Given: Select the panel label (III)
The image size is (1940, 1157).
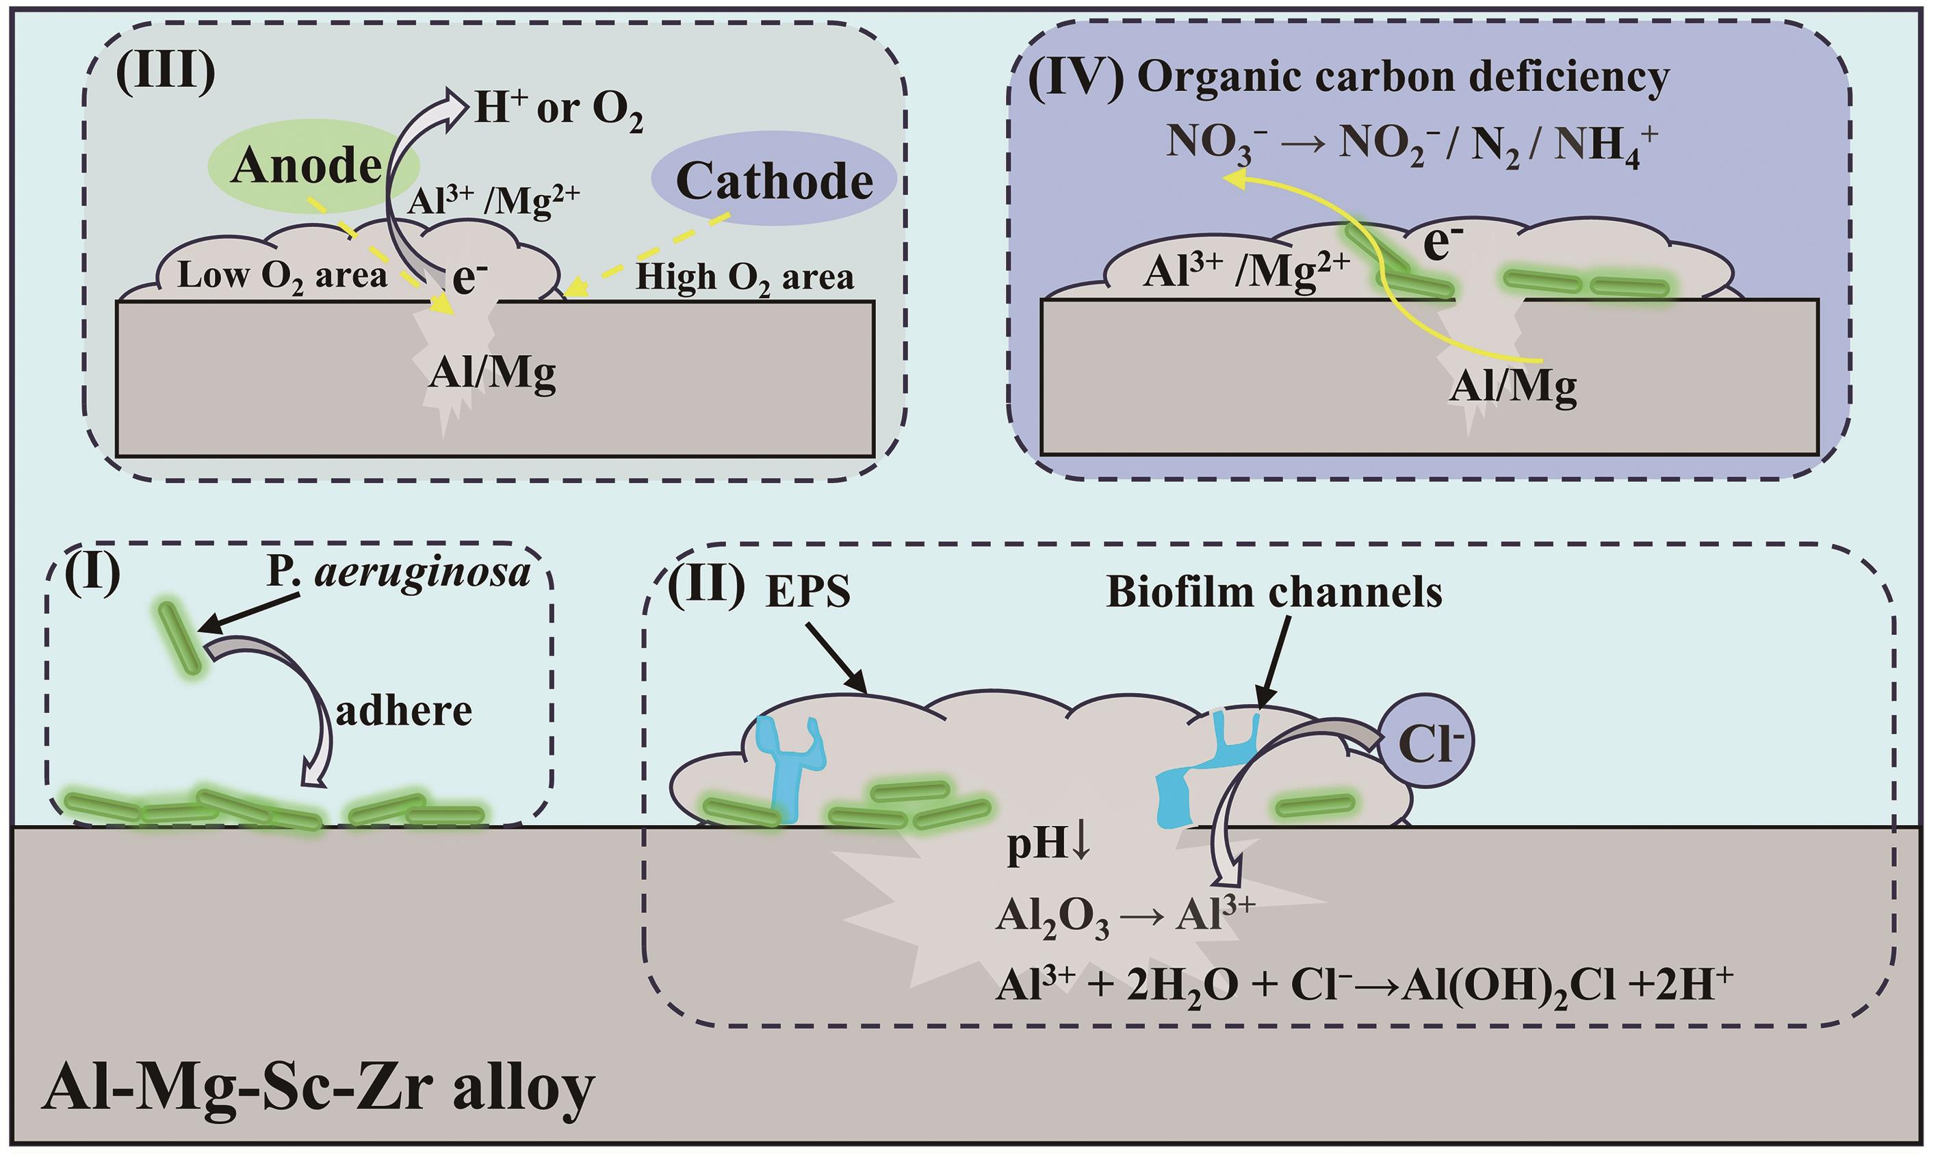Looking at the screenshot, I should [x=166, y=77].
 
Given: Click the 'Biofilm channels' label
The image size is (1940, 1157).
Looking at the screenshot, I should [x=1273, y=592].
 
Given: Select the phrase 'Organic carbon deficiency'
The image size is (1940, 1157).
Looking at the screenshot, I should [x=1403, y=78].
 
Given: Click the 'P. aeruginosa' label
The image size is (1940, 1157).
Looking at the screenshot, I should [x=398, y=573].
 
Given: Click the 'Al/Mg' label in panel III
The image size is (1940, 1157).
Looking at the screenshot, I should [x=491, y=374].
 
